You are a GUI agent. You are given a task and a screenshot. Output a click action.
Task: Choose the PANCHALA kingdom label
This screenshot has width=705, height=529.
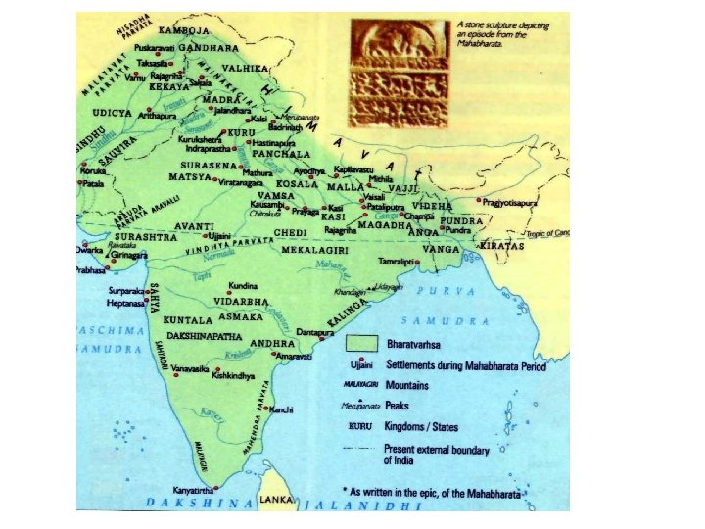[x=281, y=154]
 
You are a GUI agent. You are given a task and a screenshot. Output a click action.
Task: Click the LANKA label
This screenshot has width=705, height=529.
[x=278, y=501]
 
